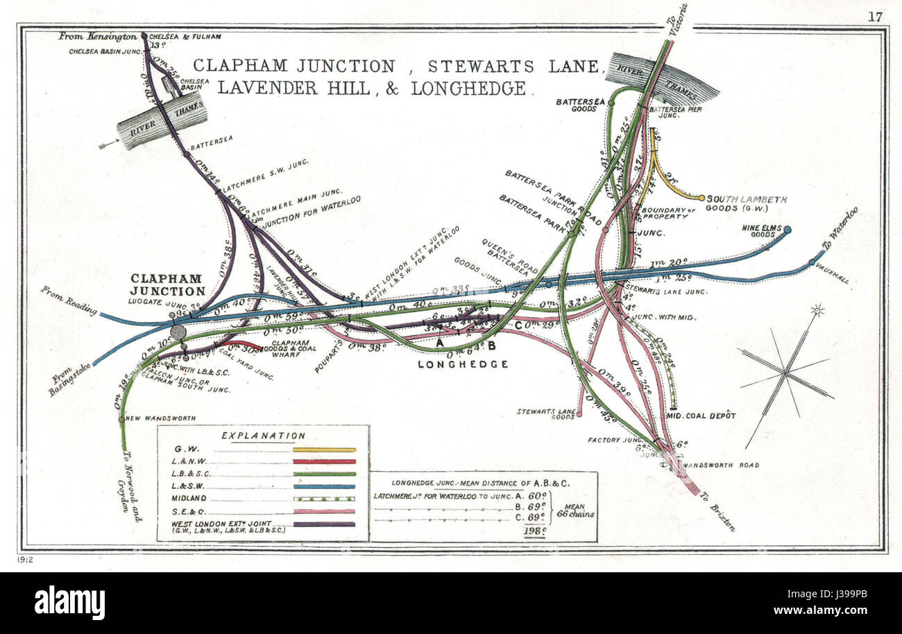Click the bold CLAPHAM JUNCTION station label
[168, 284]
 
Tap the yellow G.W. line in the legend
[324, 449]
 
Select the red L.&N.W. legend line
[324, 461]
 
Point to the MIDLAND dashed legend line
[324, 499]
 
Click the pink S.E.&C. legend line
[324, 511]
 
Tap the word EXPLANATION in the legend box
[263, 436]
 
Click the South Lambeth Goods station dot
[701, 198]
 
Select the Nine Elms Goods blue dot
[787, 229]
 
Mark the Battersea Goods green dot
[611, 102]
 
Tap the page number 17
[875, 17]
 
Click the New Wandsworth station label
[161, 418]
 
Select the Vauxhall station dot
[812, 262]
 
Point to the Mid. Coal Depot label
[701, 415]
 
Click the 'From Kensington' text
[87, 35]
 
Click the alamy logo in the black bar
[69, 602]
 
